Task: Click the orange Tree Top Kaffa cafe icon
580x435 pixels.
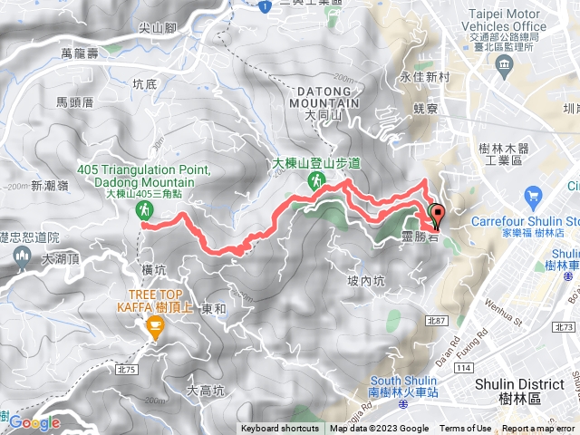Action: pos(153,332)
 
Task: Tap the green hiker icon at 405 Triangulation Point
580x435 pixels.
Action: pos(143,210)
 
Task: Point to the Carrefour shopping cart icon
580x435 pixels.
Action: pos(533,196)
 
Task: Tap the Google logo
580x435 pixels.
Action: pos(34,423)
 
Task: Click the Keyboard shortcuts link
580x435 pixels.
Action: pos(279,429)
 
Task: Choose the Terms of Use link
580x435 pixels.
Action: pos(466,429)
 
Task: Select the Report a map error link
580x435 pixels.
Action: pos(538,429)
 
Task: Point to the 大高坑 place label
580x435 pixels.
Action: pos(205,391)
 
